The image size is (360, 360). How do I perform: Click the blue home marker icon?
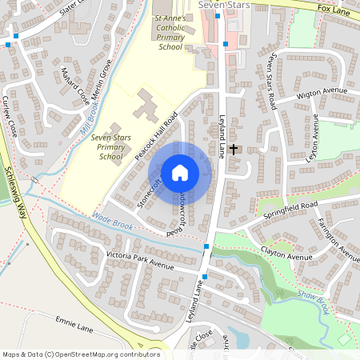(x=180, y=173)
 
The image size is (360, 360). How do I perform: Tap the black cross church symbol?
(x=234, y=149)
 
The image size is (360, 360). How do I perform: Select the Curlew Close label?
(x=10, y=115)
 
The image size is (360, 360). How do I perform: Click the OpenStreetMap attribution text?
(x=80, y=354)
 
